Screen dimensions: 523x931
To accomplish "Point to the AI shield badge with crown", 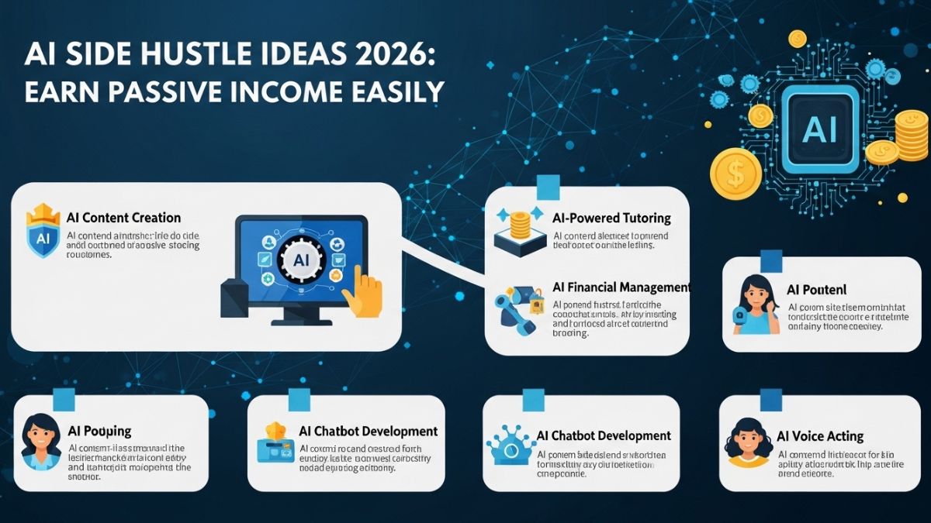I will [x=43, y=232].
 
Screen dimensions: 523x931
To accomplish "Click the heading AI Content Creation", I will [x=124, y=218].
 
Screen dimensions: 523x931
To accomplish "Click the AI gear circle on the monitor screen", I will [x=301, y=262].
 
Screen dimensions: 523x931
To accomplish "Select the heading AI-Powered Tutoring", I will [x=611, y=218].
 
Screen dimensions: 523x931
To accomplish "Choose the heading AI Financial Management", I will [x=621, y=287].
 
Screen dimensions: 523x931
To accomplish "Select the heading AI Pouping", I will [x=100, y=430].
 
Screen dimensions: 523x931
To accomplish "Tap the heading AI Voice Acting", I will [x=820, y=436].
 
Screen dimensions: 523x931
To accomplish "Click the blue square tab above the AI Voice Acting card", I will [x=771, y=398].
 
